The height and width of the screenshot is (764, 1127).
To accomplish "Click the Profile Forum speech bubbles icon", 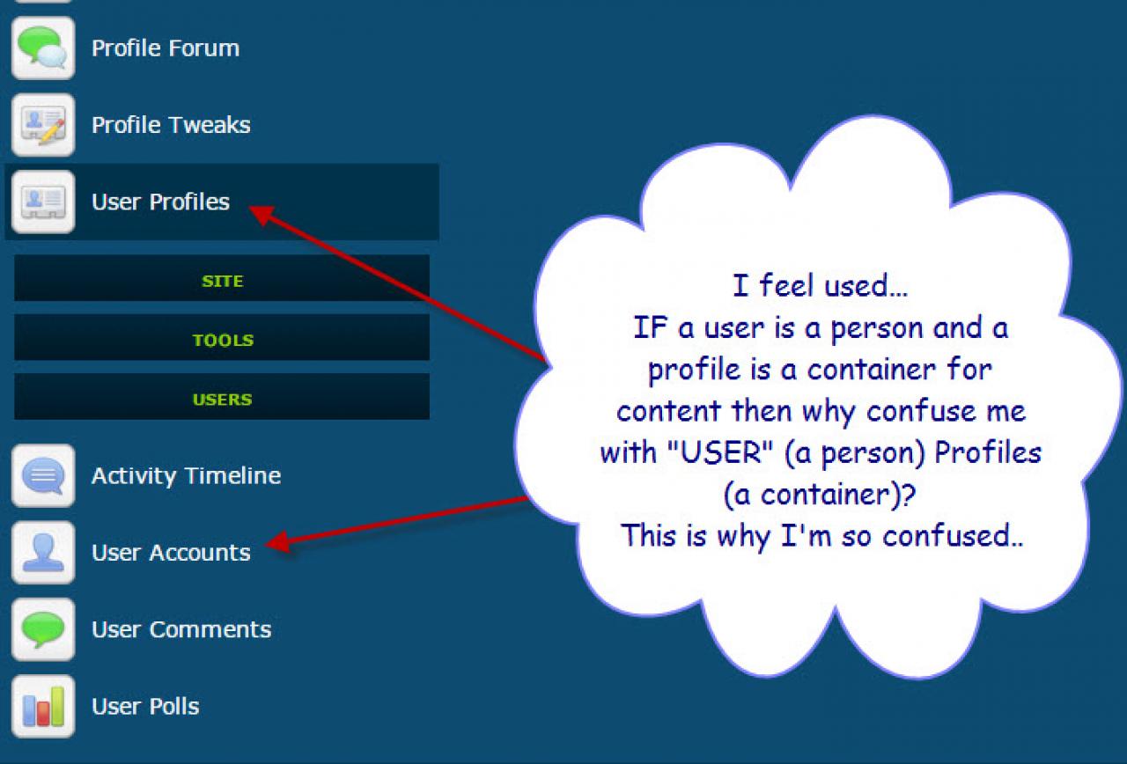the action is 43,48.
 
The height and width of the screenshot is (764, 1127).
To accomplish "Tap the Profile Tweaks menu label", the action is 171,125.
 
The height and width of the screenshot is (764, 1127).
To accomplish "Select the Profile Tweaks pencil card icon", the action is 43,125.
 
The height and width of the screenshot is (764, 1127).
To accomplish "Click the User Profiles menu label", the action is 160,202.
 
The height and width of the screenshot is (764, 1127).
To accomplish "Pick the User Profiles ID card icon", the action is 43,202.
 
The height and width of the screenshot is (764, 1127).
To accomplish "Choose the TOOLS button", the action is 222,337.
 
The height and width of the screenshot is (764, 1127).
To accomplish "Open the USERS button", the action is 222,397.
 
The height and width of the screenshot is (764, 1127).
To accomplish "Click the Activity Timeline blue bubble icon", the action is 43,476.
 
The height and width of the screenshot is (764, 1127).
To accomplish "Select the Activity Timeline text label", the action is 186,476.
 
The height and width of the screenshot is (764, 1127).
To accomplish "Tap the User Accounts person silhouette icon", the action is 43,553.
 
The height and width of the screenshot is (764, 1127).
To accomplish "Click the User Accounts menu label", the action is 171,553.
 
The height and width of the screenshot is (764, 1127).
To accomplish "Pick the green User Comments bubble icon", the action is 43,629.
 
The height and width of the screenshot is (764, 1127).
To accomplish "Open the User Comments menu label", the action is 181,629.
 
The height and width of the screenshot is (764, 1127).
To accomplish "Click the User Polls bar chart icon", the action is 43,707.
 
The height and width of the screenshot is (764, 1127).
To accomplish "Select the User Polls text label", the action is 145,707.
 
